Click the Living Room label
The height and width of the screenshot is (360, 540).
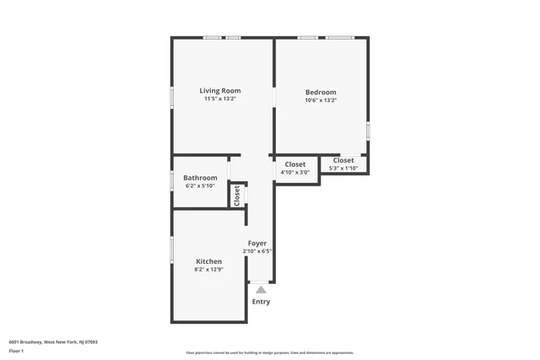tap(220, 90)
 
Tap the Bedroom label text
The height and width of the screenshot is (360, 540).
tap(321, 92)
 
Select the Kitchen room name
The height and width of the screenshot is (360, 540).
tap(209, 261)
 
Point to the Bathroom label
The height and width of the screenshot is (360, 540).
tap(201, 177)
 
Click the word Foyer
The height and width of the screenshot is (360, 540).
tap(257, 243)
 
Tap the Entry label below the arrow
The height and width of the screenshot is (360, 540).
tap(262, 302)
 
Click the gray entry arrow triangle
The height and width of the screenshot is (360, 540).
tap(262, 290)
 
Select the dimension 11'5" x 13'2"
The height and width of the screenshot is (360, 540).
tap(220, 99)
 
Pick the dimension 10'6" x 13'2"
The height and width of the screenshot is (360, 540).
tap(321, 100)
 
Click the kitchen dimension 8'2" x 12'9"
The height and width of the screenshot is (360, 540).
tap(209, 270)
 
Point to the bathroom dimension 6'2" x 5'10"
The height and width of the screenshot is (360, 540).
tap(201, 185)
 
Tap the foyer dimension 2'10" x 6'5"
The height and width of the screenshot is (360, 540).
tap(257, 251)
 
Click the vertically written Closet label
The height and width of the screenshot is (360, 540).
tap(237, 195)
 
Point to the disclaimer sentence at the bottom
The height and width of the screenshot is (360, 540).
tap(270, 352)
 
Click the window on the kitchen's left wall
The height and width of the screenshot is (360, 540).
tap(172, 250)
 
